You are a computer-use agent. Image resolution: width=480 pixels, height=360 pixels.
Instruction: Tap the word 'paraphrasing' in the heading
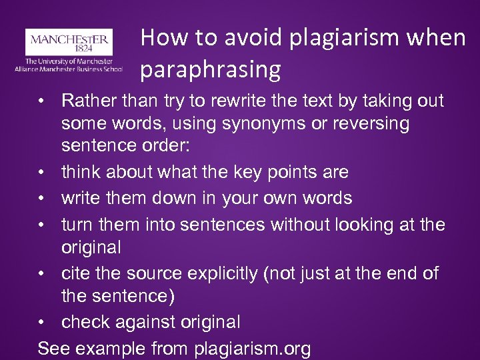(x=211, y=69)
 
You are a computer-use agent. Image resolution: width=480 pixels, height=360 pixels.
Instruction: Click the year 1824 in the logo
(x=69, y=49)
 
